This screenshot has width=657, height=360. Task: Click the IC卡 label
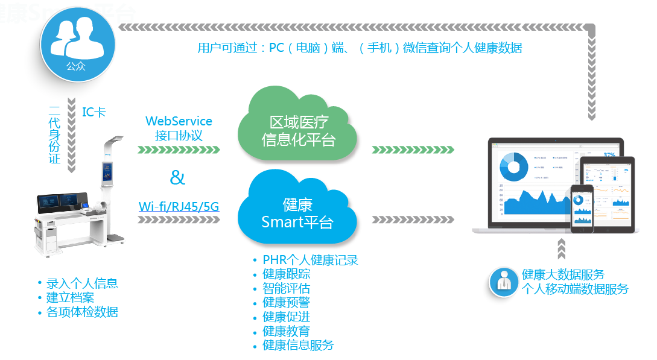[94, 112]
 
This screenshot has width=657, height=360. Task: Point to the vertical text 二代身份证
[55, 134]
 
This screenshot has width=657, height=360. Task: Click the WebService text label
[179, 121]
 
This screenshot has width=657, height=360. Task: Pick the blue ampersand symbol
[177, 177]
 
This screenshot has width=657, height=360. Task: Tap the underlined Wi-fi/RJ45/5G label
[179, 207]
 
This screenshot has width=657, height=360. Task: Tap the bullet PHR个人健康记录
[310, 261]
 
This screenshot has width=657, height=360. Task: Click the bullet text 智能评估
[286, 288]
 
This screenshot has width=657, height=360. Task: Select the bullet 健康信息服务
[298, 346]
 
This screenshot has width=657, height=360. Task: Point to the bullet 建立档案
[70, 297]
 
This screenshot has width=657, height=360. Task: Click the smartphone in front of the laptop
[582, 208]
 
